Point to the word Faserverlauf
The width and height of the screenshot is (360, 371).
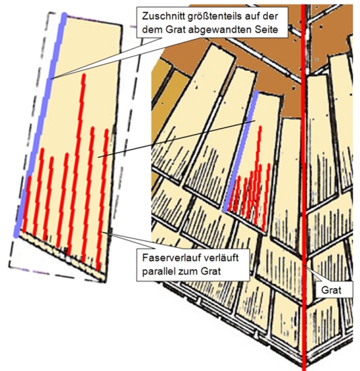pos(172,258)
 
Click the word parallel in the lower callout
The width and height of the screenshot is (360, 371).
pos(159,271)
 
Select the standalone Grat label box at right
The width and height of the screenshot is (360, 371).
pos(334,290)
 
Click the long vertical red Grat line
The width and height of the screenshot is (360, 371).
pos(304,186)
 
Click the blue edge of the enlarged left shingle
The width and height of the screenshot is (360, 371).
pos(40,125)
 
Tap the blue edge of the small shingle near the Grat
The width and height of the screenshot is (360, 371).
pos(241,151)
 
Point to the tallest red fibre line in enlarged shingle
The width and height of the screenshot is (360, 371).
pos(76,165)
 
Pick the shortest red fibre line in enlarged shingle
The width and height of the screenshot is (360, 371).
pos(26,203)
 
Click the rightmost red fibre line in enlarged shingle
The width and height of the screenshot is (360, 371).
pos(102,199)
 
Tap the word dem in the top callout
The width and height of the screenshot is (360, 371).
pos(152,30)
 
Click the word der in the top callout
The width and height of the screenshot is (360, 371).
pos(271,16)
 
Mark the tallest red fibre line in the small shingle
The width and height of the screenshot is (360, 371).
pos(258,175)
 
